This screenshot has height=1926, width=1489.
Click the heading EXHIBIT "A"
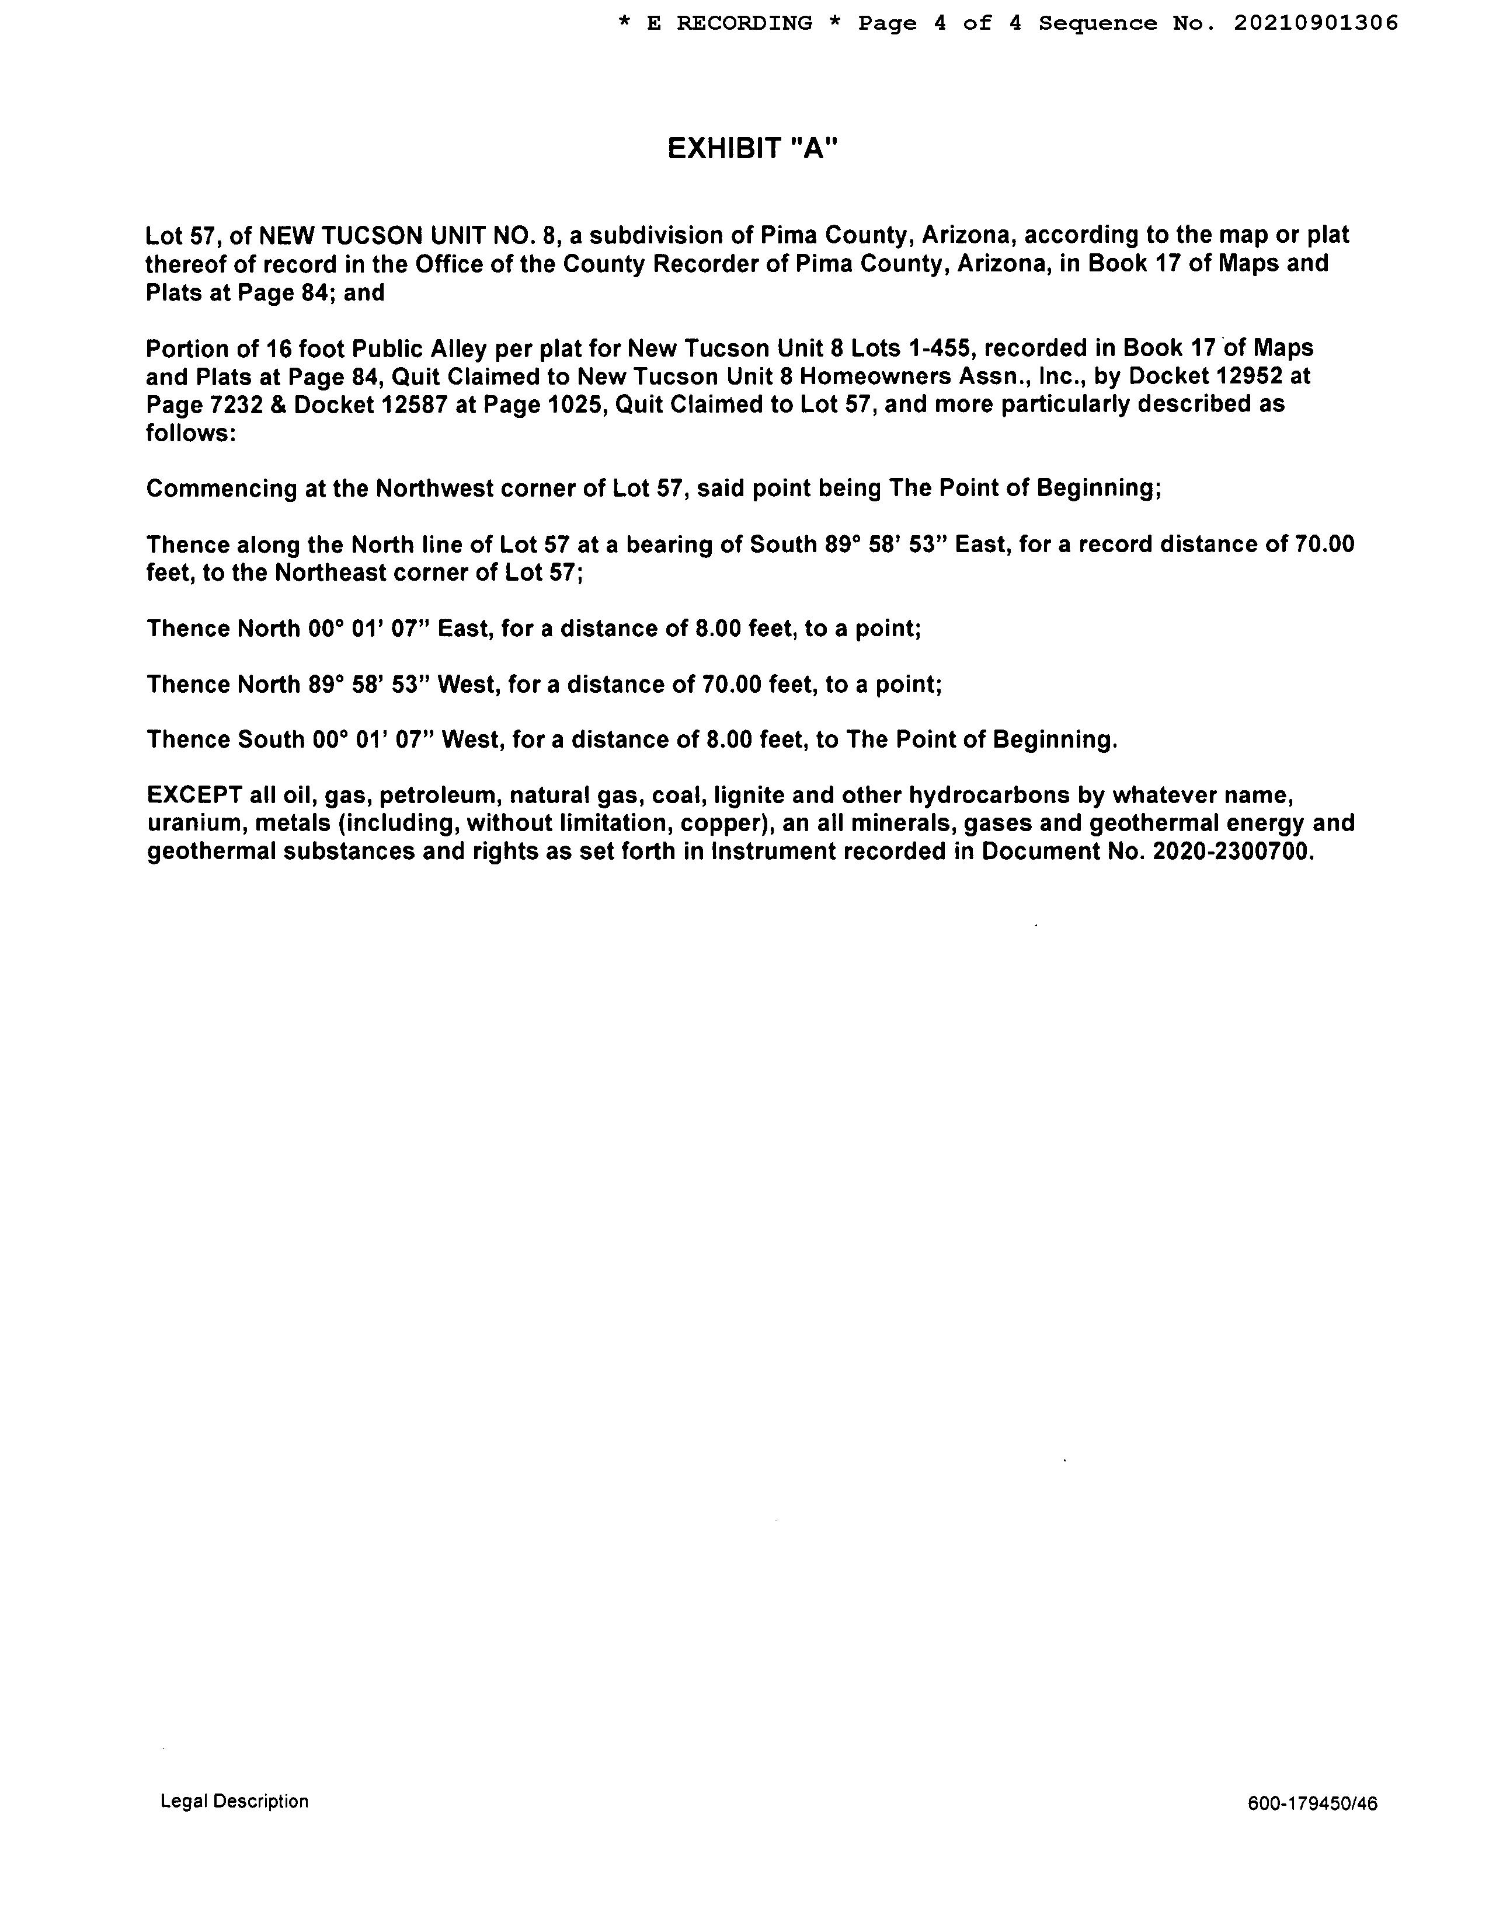pos(752,149)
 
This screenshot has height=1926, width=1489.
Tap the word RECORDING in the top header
pos(743,23)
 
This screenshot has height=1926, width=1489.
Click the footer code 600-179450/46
pos(1311,1803)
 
